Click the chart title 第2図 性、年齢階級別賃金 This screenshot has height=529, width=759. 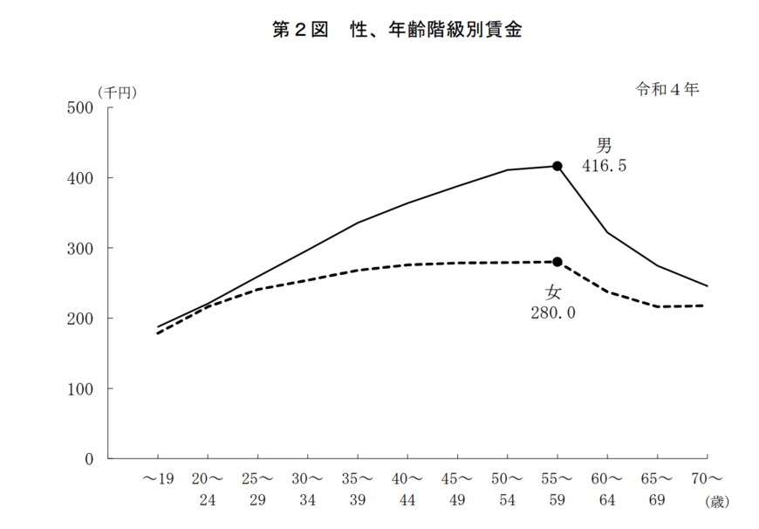point(397,30)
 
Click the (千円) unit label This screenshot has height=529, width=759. point(117,92)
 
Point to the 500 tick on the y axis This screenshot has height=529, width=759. point(79,108)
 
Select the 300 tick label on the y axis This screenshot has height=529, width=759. point(79,249)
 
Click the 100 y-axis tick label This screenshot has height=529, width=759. point(79,388)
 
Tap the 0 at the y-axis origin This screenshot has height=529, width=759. point(89,459)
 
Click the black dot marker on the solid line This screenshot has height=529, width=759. point(557,166)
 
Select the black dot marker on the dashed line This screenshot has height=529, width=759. point(557,262)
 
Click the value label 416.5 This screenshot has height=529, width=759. point(605,166)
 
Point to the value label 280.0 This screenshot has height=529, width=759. point(554,312)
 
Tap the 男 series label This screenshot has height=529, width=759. point(605,145)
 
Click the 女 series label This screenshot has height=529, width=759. point(553,292)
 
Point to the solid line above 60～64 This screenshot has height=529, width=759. point(607,232)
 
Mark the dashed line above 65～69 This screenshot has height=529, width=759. point(657,306)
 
